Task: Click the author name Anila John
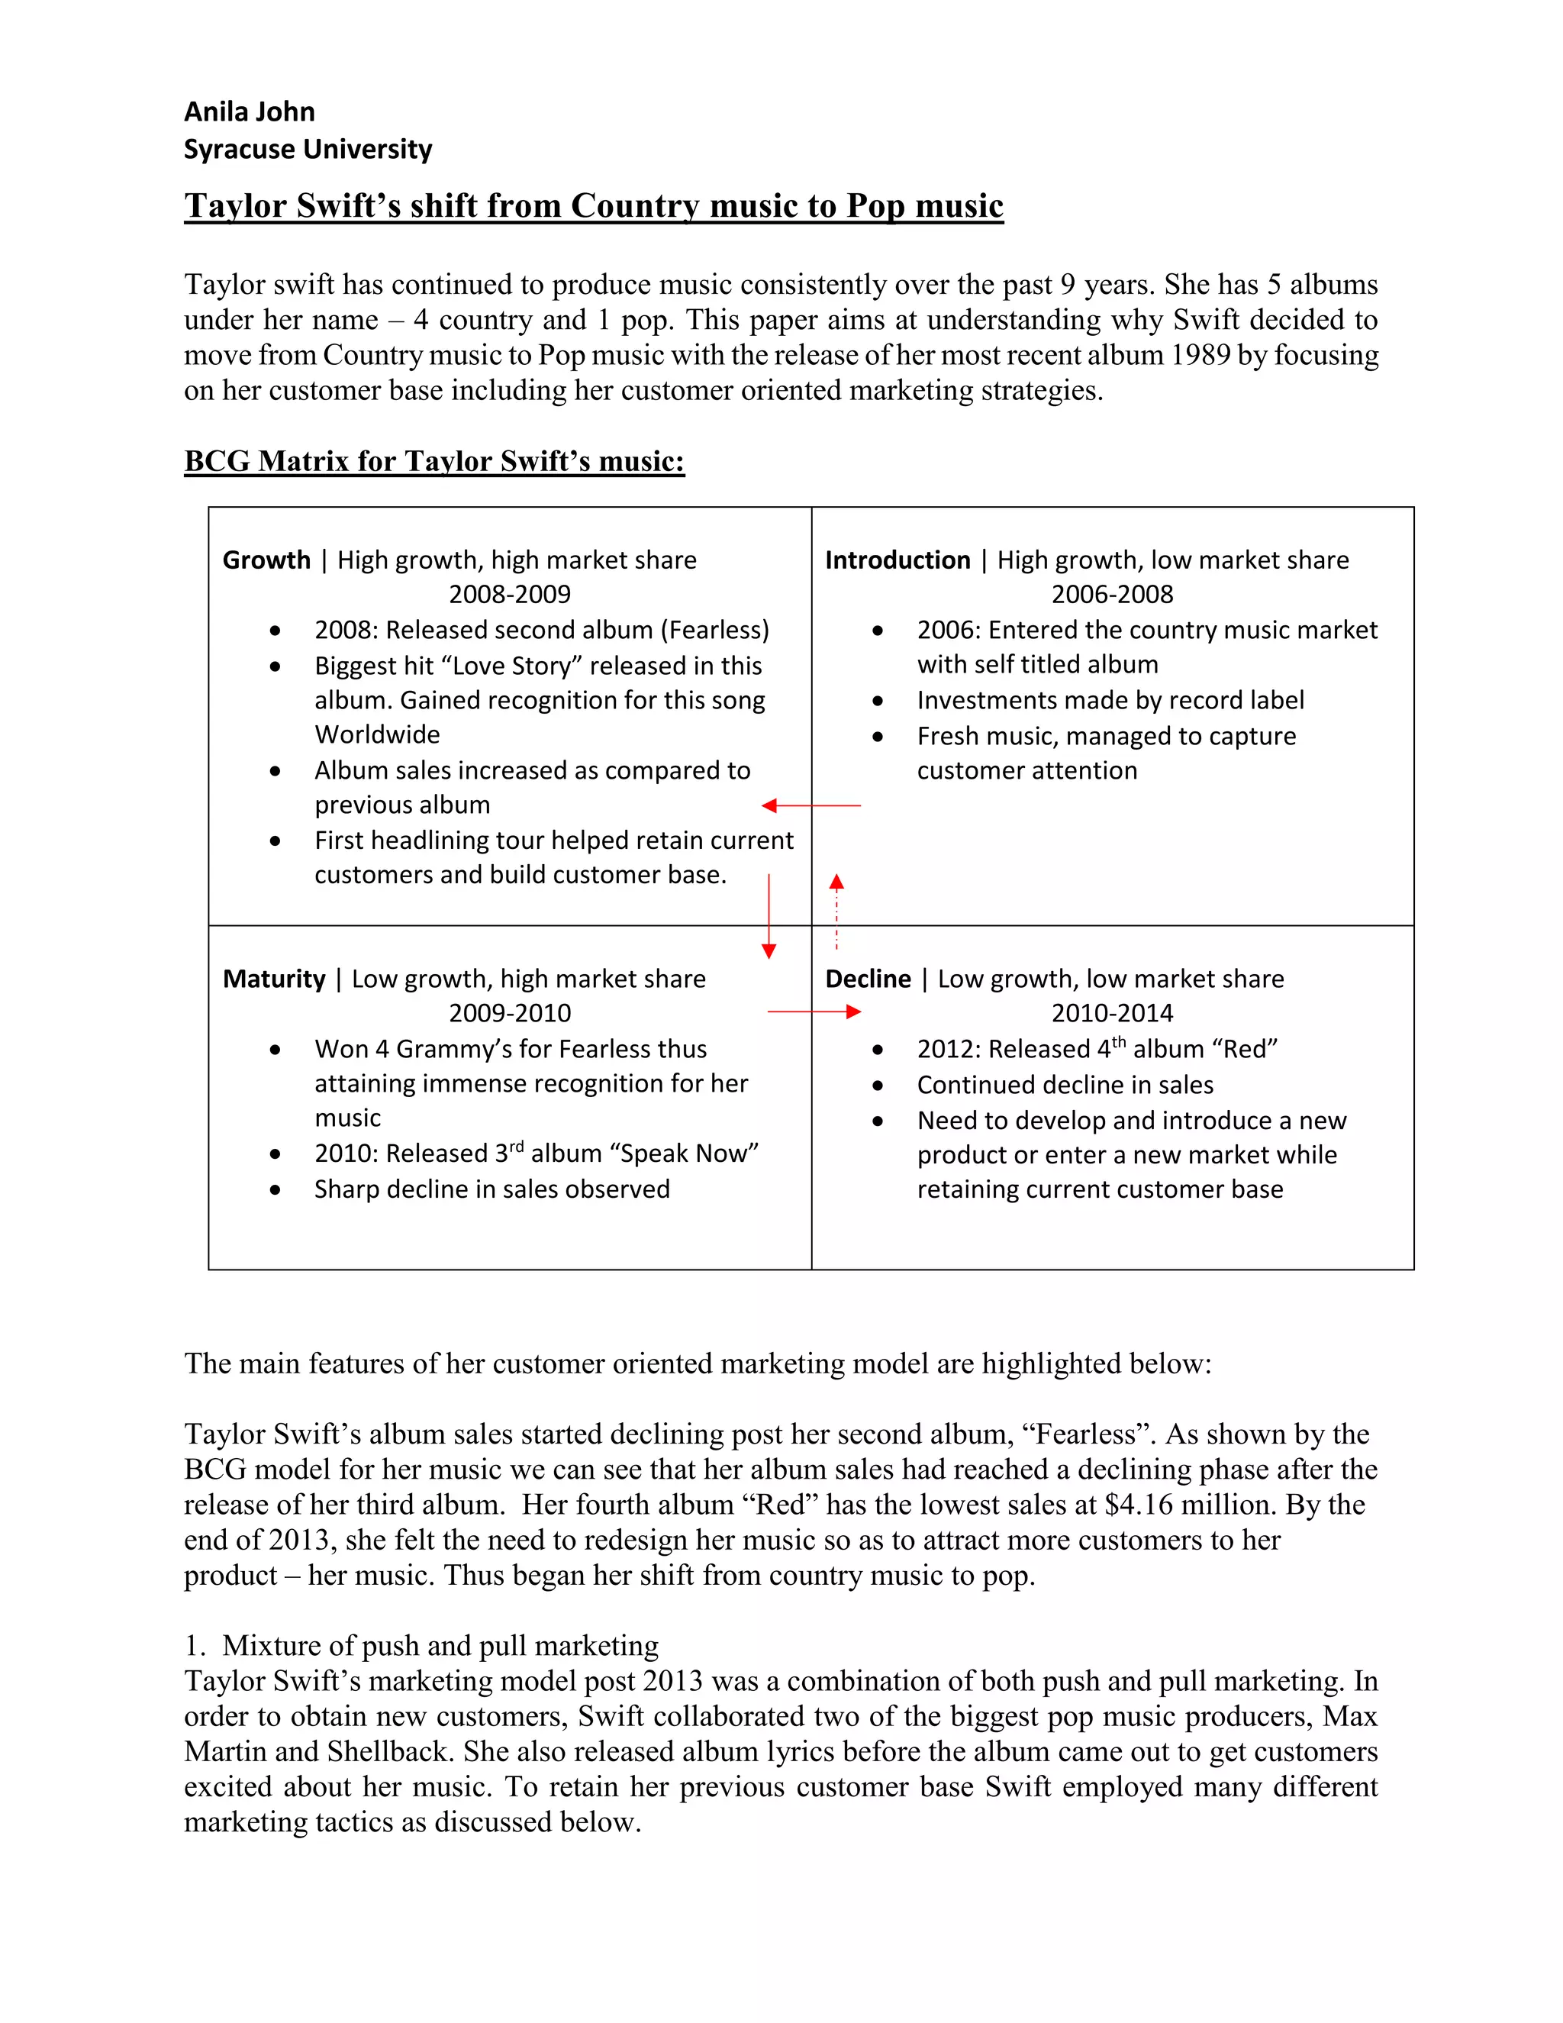click(249, 112)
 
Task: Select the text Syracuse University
click(308, 149)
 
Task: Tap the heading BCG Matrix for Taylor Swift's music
click(433, 461)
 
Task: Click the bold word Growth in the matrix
click(266, 560)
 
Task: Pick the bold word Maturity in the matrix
click(274, 979)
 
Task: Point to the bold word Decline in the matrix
click(868, 979)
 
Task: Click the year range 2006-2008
click(1111, 595)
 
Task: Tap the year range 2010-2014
click(1111, 1013)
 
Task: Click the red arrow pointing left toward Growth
click(811, 806)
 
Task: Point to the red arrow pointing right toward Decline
click(814, 1012)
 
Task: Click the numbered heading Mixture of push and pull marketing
click(440, 1646)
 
